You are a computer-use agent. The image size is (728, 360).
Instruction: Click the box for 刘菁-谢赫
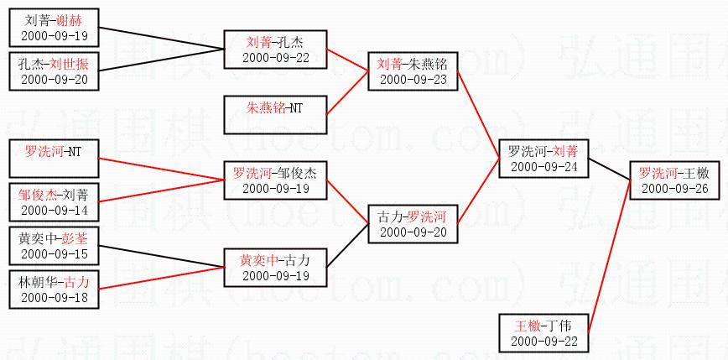click(x=54, y=27)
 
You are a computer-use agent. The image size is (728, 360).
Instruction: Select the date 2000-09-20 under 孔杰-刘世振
click(x=55, y=79)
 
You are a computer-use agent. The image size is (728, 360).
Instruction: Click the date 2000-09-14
click(x=55, y=209)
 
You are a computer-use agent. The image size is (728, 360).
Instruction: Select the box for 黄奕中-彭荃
click(x=54, y=245)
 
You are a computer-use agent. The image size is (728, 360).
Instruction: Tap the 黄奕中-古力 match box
click(x=274, y=267)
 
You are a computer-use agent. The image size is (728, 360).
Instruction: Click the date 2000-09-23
click(x=413, y=79)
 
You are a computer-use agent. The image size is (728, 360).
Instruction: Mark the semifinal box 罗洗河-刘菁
click(x=543, y=159)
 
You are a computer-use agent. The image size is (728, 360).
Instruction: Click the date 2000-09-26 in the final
click(x=675, y=187)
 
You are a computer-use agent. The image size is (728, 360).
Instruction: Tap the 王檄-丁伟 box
click(x=543, y=332)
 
